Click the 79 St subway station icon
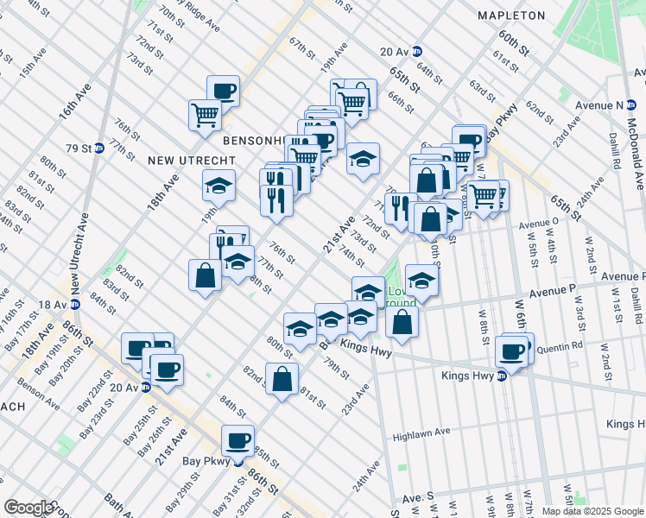98,148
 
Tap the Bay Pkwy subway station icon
237,461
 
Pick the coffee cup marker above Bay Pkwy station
237,440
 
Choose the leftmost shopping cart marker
205,116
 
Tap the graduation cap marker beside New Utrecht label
219,185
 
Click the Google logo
28,508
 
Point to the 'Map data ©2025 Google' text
592,511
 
